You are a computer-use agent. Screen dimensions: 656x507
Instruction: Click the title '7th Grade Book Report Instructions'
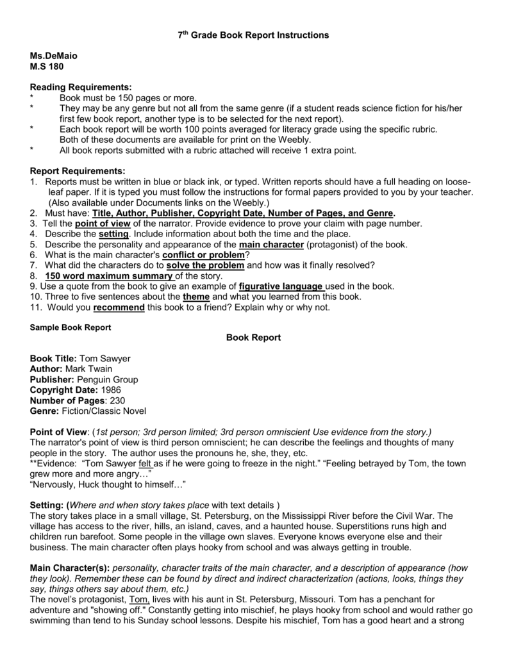pos(253,36)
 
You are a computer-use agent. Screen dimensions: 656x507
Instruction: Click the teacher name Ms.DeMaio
pos(53,57)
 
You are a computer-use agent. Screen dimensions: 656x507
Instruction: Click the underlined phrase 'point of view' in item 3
pos(103,223)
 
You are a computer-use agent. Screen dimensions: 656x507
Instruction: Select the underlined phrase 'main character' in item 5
pos(272,244)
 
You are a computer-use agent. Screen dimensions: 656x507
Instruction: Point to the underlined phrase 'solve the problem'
pos(205,265)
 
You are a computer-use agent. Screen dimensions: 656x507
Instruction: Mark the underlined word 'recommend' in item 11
pos(119,307)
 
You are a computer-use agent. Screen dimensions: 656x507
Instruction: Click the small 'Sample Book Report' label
pos(71,327)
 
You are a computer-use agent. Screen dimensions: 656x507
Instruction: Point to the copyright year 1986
pos(110,389)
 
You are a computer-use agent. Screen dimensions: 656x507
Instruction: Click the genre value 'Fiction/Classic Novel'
pos(104,411)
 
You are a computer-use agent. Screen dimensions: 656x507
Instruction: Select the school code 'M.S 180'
pos(47,67)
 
